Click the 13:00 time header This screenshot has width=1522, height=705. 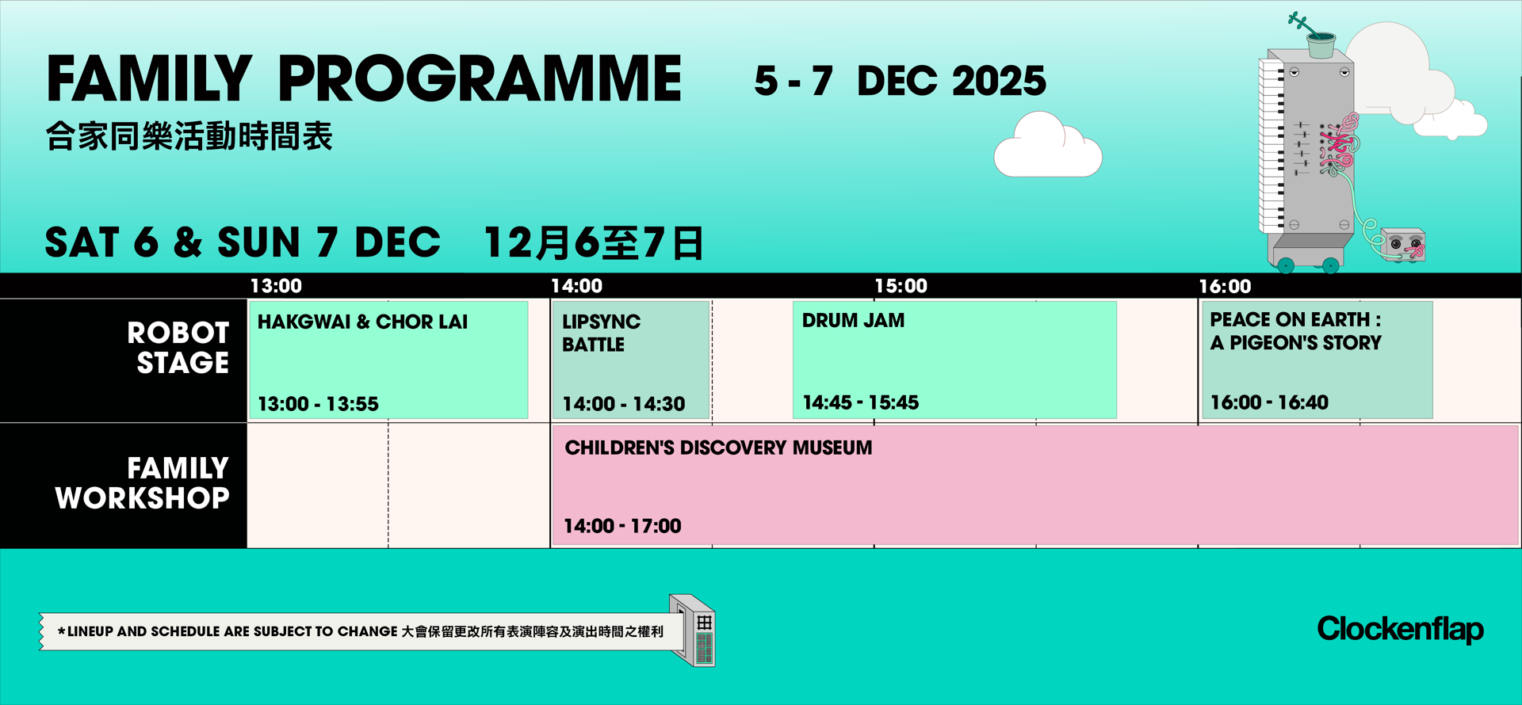(x=276, y=286)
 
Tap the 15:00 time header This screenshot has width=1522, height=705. (x=901, y=286)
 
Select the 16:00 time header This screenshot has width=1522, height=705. (x=1225, y=286)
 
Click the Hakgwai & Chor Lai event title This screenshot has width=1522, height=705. (x=362, y=322)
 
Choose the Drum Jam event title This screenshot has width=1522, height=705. (x=853, y=321)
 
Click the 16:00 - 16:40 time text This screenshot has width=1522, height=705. (x=1269, y=402)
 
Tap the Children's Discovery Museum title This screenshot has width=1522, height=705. (x=718, y=448)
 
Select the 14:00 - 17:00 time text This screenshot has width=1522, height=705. (x=622, y=526)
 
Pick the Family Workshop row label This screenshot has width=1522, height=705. (x=143, y=483)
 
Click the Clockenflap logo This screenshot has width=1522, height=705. (x=1400, y=629)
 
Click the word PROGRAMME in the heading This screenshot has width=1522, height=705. (x=480, y=79)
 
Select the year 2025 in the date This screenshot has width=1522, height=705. (x=999, y=81)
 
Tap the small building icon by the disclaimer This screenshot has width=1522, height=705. (x=694, y=631)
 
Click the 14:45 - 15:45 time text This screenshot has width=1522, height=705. (x=860, y=402)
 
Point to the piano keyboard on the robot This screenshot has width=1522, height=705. (x=1271, y=147)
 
